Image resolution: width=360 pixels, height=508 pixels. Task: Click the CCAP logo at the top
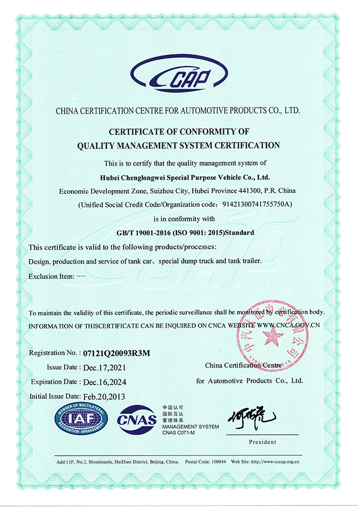(x=179, y=78)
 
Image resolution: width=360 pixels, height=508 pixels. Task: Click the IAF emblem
(x=81, y=419)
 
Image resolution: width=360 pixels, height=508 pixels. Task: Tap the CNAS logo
(x=137, y=420)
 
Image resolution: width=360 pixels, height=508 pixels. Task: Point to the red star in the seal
(x=274, y=335)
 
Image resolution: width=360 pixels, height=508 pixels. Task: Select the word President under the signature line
(x=262, y=442)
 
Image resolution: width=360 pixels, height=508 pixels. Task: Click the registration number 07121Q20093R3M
(x=113, y=353)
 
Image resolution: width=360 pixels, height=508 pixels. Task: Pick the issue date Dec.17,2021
(x=104, y=367)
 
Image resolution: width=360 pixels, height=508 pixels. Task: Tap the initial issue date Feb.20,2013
(x=104, y=396)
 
